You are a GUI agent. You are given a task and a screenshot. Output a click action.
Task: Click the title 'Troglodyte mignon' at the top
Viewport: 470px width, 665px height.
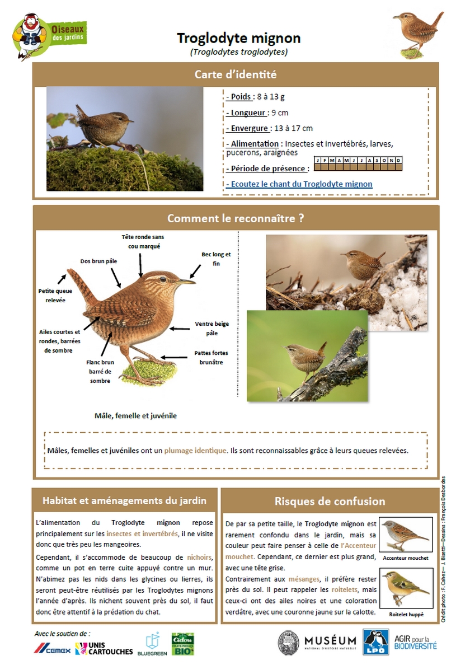pyautogui.click(x=239, y=38)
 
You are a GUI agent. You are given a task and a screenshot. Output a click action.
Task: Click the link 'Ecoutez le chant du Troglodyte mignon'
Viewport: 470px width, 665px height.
pyautogui.click(x=299, y=184)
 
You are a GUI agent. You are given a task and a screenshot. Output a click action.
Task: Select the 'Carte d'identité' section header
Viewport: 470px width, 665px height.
pyautogui.click(x=236, y=74)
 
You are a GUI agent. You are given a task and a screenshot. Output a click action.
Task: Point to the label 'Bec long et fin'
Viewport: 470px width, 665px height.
pyautogui.click(x=216, y=259)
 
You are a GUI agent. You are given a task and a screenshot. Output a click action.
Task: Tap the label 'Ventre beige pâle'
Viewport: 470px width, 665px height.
pyautogui.click(x=211, y=329)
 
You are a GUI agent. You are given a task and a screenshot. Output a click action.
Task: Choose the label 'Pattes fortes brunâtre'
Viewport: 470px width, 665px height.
pyautogui.click(x=211, y=358)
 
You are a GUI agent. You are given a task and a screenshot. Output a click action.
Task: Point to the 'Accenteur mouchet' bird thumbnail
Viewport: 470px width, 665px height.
pyautogui.click(x=406, y=535)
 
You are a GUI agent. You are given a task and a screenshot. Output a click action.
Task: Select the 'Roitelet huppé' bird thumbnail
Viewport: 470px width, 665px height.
pyautogui.click(x=406, y=588)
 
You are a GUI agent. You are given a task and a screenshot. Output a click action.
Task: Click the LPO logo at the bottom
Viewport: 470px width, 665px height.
pyautogui.click(x=375, y=642)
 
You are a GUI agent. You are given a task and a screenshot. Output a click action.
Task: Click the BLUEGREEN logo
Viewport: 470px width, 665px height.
pyautogui.click(x=152, y=644)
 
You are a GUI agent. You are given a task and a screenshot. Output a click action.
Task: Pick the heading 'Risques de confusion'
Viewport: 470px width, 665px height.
pyautogui.click(x=330, y=501)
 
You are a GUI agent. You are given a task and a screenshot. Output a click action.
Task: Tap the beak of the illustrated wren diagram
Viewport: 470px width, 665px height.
pyautogui.click(x=188, y=282)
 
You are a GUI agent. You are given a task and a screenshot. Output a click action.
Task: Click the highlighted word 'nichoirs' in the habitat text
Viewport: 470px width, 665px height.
pyautogui.click(x=200, y=557)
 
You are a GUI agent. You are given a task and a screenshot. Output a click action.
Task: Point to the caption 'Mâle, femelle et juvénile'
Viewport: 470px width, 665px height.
pyautogui.click(x=135, y=416)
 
